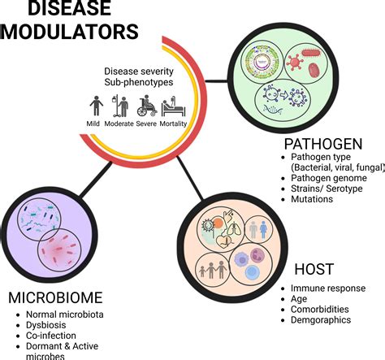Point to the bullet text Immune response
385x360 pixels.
click(328, 288)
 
